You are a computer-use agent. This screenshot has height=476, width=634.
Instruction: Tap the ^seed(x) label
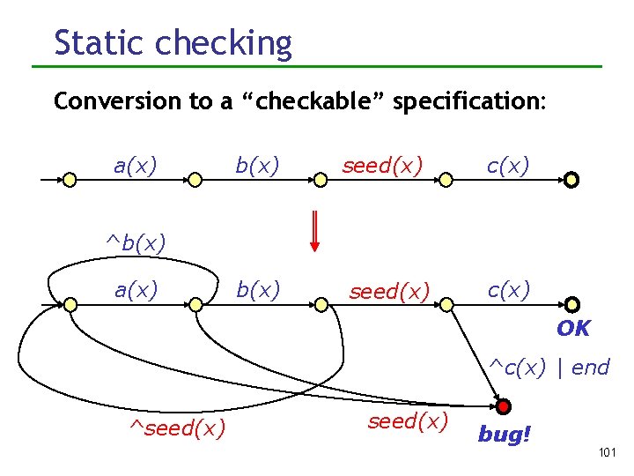click(177, 428)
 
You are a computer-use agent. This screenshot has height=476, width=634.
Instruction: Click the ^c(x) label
click(520, 367)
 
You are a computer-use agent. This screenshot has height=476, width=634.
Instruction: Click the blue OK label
click(573, 329)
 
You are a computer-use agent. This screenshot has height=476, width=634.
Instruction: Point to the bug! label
click(505, 434)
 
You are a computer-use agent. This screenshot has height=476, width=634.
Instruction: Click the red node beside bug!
click(503, 407)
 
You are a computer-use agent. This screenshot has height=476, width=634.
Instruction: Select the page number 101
click(605, 452)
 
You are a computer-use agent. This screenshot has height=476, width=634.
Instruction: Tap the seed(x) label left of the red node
click(408, 421)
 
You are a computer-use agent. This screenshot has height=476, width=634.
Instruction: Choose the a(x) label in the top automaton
click(136, 165)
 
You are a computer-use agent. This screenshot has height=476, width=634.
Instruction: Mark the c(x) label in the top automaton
click(508, 165)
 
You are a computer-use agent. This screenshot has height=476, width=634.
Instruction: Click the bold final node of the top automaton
click(571, 180)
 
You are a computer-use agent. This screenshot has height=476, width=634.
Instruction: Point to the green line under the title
click(317, 66)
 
